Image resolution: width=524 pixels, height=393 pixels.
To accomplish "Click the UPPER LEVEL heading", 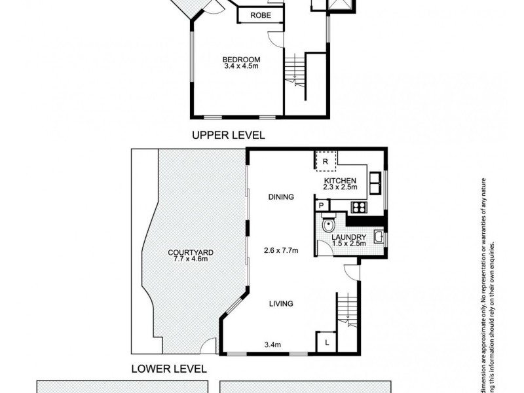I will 228,136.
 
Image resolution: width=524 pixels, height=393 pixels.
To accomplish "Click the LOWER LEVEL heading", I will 170,368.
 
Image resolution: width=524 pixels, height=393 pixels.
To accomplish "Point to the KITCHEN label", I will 340,180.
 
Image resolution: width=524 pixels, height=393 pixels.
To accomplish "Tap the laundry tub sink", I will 379,236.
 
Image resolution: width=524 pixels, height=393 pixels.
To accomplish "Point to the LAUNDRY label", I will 347,237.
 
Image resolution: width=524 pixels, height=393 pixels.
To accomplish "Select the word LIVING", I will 280,303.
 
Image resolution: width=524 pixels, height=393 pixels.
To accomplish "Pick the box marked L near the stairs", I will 326,341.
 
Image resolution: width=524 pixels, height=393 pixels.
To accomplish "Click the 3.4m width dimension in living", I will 272,344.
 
